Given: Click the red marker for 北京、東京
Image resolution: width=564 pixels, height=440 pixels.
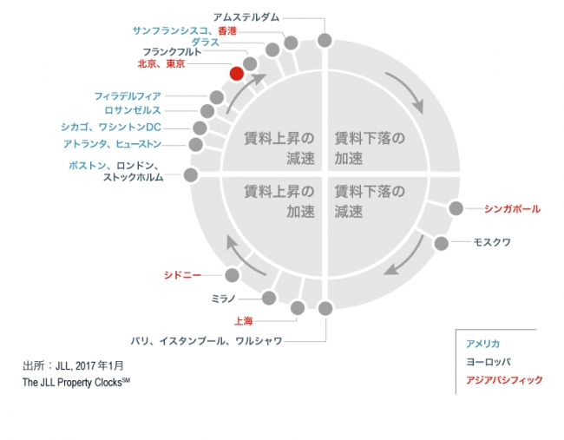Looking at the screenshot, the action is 236,74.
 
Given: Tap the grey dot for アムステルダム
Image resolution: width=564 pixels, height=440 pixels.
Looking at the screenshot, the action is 325,40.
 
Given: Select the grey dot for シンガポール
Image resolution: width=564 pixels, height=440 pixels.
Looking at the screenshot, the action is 456,208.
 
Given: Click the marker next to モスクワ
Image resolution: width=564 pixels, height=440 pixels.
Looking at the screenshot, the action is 441,244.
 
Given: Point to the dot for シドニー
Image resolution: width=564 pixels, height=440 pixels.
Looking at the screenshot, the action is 232,275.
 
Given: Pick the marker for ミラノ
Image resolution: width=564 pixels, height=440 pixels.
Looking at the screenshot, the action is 269,298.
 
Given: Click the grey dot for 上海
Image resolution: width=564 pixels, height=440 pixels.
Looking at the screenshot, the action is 298,308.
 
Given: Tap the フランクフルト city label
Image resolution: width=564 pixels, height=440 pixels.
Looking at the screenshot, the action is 172,52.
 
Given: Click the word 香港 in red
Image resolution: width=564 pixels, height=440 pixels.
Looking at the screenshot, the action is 227,31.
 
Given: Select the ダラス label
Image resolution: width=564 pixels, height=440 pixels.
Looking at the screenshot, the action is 205,43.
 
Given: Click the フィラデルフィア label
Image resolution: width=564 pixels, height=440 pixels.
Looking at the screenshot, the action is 128,96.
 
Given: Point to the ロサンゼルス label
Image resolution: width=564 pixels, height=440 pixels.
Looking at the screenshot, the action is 133,110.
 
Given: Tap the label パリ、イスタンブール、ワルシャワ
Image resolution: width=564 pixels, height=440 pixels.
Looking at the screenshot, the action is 207,341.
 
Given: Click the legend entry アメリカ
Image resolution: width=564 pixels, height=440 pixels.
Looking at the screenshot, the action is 482,344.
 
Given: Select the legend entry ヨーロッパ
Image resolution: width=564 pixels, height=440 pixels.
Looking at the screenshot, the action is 489,362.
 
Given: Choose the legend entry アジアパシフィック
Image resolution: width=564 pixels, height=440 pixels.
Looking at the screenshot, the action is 504,380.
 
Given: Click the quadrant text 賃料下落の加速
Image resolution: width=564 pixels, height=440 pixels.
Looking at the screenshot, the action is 370,148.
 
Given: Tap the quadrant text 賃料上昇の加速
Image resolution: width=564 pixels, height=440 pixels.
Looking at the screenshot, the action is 279,201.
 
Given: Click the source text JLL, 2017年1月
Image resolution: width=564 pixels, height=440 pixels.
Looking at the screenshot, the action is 89,366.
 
